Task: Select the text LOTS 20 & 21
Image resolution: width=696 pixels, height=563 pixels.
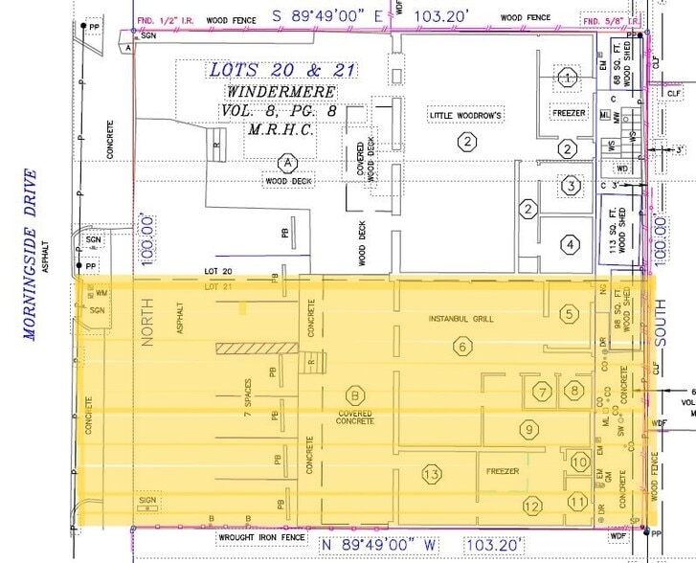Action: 270,70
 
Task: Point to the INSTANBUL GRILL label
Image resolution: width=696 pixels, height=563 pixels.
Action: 460,319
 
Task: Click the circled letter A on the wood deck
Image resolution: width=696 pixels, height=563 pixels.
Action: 284,162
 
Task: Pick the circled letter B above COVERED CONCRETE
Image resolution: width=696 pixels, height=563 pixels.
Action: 354,394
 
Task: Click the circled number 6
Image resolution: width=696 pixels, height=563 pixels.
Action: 461,347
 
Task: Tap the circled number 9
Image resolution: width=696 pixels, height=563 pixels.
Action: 526,429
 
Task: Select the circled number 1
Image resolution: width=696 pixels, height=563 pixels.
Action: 571,77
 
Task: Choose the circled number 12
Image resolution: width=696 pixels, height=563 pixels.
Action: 531,506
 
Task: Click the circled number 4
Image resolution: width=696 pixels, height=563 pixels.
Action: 571,244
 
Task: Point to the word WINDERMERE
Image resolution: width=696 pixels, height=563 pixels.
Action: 281,91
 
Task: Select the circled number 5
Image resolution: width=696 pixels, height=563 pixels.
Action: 570,312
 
